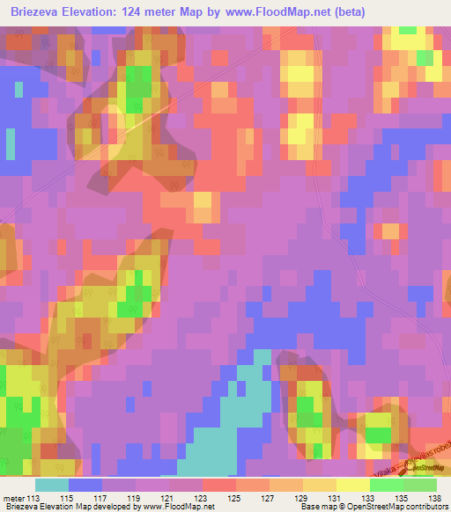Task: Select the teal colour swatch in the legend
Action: tap(51, 484)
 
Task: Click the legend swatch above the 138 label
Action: tap(420, 484)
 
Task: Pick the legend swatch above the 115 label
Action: tap(85, 484)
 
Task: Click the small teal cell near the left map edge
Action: tap(10, 142)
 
